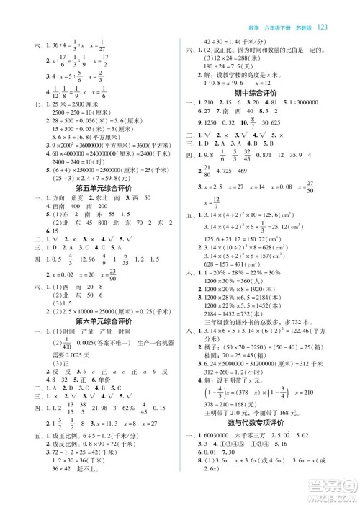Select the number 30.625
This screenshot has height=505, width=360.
282,125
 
